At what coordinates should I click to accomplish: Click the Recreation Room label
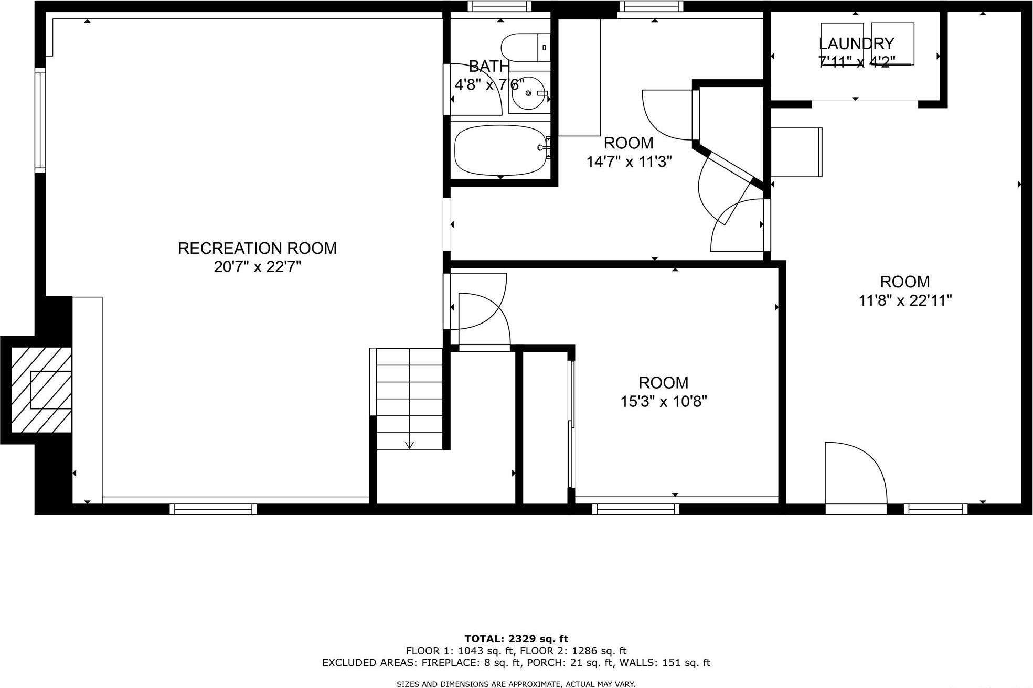coord(257,248)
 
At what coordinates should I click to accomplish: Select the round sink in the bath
coord(528,93)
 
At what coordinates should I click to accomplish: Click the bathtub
coord(500,150)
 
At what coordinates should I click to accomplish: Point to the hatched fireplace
coord(41,390)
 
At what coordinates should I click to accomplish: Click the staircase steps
coord(409,399)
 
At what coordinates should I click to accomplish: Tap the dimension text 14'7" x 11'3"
coord(629,162)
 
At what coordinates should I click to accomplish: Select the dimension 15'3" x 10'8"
coord(663,402)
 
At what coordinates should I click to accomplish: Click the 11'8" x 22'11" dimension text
coord(904,300)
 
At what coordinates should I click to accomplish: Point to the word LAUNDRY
coord(856,44)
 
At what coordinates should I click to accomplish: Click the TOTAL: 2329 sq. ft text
coord(516,639)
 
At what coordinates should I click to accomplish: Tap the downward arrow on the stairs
coord(409,445)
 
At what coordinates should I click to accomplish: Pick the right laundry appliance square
coord(893,44)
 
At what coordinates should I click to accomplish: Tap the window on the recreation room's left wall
coord(40,120)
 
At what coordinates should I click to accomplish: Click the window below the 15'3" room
coord(635,509)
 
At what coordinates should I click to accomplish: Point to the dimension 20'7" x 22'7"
coord(257,267)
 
